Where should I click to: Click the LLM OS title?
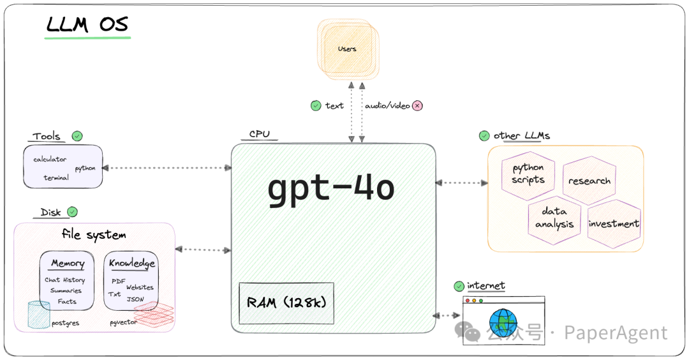[87, 25]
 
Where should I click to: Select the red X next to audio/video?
[417, 105]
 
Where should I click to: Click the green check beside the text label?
[316, 105]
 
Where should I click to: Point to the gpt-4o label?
[331, 188]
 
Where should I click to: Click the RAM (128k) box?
[286, 303]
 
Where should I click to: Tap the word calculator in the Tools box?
[50, 159]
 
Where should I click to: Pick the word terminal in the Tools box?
[56, 177]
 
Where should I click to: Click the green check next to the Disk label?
[73, 212]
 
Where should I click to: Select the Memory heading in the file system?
[68, 263]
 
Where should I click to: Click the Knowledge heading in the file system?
[132, 263]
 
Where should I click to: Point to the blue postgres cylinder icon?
[39, 315]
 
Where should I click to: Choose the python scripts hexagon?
[528, 175]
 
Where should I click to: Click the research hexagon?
[589, 180]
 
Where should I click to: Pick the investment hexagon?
[614, 223]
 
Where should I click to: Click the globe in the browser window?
[503, 322]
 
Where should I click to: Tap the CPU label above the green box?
[259, 134]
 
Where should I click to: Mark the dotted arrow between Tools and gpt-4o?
[167, 168]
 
